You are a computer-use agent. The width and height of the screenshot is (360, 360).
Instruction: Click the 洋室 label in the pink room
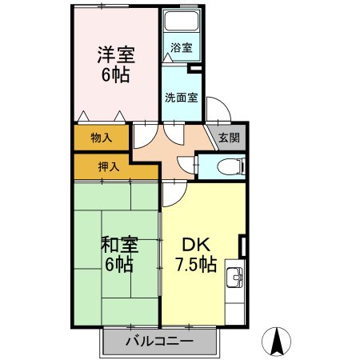(x=116, y=57)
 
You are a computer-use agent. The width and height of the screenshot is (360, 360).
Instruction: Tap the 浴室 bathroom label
(x=182, y=48)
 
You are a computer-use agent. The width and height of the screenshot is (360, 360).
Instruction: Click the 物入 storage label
(x=101, y=138)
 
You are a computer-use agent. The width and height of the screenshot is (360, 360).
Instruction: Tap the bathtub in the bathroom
(x=182, y=23)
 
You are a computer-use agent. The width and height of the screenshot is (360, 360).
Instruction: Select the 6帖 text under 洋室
(x=116, y=78)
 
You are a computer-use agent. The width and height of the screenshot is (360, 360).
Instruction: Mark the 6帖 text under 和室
(x=117, y=265)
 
